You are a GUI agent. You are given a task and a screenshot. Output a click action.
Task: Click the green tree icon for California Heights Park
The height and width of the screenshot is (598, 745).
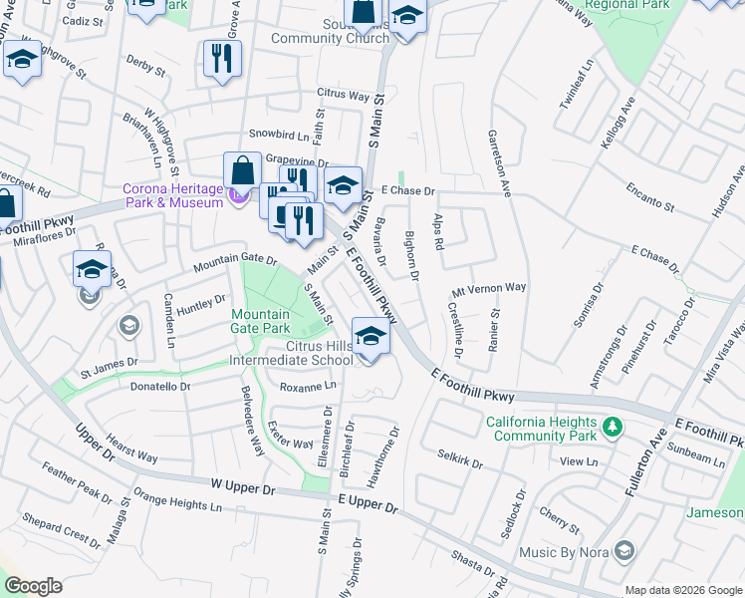(613, 428)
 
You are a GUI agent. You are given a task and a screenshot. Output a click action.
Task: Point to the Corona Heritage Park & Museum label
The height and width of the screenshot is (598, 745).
(172, 195)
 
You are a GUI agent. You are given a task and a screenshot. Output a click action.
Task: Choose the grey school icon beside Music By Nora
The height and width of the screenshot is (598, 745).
(624, 551)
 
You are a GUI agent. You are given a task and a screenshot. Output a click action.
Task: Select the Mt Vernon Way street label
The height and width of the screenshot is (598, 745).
(488, 287)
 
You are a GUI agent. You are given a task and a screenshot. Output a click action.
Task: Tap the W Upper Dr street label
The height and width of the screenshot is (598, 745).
(242, 487)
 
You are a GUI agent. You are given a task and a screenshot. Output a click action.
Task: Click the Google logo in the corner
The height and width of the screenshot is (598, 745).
(34, 586)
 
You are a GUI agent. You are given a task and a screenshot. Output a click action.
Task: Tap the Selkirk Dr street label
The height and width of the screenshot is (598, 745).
(459, 459)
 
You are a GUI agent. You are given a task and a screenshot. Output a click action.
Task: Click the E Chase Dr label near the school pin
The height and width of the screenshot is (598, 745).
(407, 190)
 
